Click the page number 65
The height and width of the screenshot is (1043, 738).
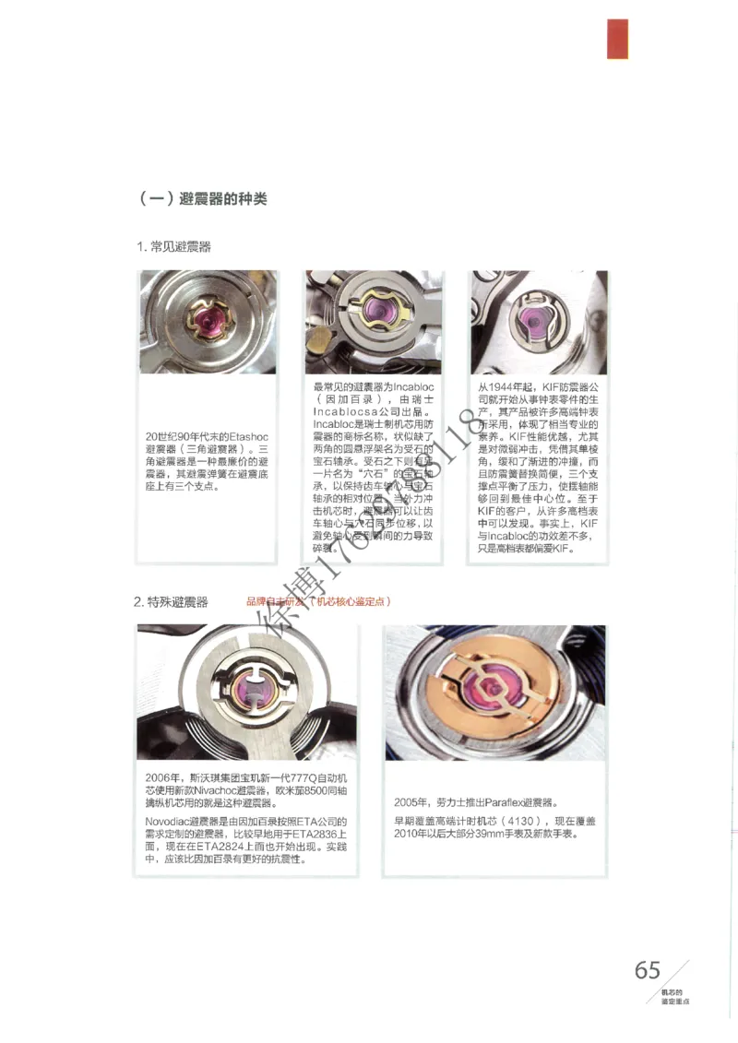[x=648, y=970]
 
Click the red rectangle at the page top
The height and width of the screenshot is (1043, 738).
[x=617, y=39]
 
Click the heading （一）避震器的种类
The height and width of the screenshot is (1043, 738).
[x=202, y=197]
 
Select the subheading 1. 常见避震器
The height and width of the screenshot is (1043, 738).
[x=174, y=247]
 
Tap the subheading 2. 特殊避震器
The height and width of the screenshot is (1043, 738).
[x=171, y=602]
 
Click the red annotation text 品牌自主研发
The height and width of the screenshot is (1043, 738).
[x=274, y=602]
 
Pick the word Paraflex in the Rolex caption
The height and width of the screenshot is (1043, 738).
[x=501, y=801]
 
